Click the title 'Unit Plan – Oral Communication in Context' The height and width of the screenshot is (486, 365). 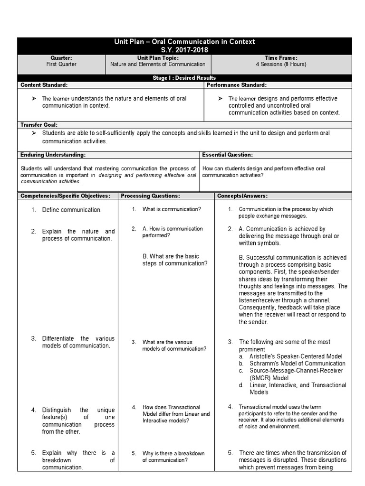point(184,42)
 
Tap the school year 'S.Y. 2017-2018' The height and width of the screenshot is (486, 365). point(184,49)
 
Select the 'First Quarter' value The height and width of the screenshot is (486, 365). point(61,64)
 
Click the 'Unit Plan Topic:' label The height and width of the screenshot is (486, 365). point(158,57)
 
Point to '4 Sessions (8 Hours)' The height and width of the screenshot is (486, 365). point(282,64)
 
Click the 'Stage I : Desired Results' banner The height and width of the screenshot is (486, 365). point(185,78)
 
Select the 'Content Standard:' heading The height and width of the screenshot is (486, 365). point(44,85)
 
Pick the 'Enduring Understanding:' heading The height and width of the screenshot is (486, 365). point(53,155)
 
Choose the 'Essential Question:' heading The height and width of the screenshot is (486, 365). point(227,155)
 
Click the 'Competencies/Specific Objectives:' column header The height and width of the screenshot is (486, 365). point(65,196)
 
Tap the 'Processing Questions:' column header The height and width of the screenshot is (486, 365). point(150,196)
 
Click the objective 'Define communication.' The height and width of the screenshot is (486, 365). point(72,209)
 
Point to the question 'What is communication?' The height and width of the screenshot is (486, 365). point(172,209)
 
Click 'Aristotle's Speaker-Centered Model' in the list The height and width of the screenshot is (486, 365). point(295,356)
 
